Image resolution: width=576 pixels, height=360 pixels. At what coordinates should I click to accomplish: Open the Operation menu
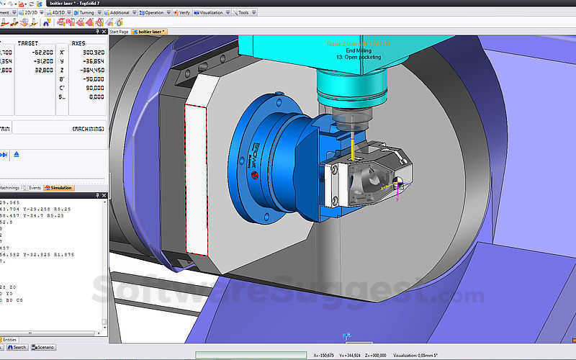pyautogui.click(x=153, y=12)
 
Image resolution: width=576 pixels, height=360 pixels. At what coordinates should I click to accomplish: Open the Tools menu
pyautogui.click(x=243, y=12)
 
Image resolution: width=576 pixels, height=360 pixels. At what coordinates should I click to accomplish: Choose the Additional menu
pyautogui.click(x=120, y=12)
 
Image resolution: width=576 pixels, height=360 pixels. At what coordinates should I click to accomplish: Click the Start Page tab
pyautogui.click(x=120, y=32)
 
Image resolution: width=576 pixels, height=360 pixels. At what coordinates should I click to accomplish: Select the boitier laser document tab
pyautogui.click(x=150, y=32)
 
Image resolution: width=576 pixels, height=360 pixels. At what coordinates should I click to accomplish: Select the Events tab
pyautogui.click(x=35, y=187)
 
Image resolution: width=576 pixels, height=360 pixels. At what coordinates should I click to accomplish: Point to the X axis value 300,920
pyautogui.click(x=91, y=53)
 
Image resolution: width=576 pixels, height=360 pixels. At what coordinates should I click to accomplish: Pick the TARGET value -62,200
pyautogui.click(x=44, y=53)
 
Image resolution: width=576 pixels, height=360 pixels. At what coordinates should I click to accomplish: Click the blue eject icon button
pyautogui.click(x=17, y=154)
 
